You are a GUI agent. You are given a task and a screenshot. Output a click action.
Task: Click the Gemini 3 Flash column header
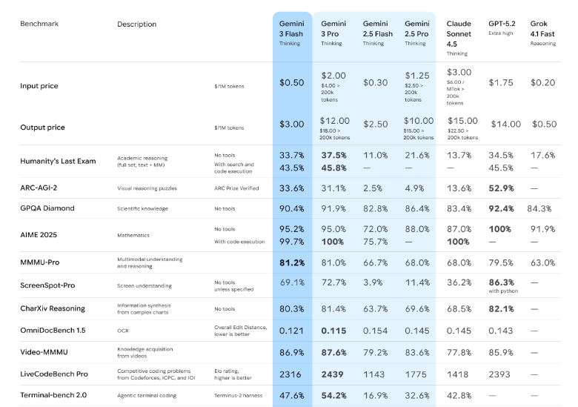[290, 29]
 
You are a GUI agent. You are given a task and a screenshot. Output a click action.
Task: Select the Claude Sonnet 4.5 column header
[459, 33]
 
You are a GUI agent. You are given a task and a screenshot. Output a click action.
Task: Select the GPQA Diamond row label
[47, 208]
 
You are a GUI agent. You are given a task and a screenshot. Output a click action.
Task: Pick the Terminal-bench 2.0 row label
[53, 395]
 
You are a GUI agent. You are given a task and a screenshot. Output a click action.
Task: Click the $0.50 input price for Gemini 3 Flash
[292, 83]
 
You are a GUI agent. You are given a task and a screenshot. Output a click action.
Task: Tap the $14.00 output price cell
[505, 125]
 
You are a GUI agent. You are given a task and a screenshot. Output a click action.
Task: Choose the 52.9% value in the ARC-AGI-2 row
[501, 188]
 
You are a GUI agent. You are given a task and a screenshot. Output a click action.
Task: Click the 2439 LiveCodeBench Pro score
[333, 376]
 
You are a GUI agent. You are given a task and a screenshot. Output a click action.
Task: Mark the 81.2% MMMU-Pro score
[291, 262]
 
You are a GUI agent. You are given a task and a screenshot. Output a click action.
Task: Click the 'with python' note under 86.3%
[502, 292]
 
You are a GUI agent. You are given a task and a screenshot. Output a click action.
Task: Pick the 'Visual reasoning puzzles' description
[147, 188]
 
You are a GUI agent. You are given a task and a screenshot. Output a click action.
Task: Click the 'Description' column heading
[136, 24]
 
